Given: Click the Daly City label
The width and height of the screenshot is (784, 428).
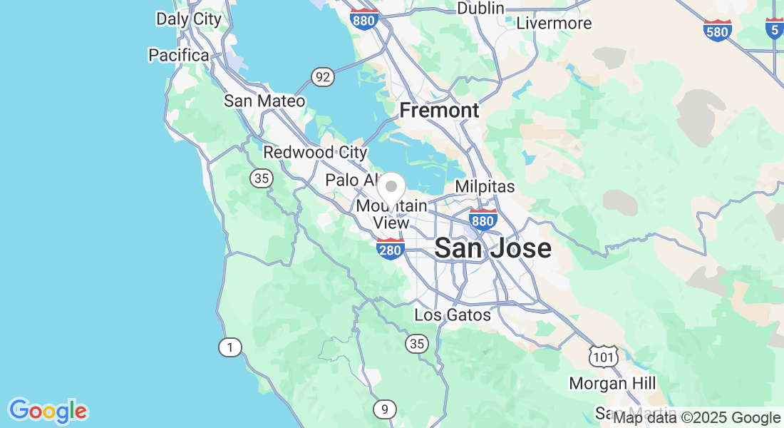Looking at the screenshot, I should tap(189, 19).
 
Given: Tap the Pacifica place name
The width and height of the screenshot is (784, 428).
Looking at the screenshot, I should tap(179, 55).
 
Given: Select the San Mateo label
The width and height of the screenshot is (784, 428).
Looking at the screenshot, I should tap(264, 101).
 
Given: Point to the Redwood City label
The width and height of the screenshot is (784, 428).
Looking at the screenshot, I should tap(315, 152).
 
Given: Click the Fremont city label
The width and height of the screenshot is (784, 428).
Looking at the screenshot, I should tap(439, 111).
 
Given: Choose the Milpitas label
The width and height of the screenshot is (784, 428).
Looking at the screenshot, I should tap(485, 186).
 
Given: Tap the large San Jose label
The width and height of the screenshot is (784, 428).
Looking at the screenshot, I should tap(492, 248).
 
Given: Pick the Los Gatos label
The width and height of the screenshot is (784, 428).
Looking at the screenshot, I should tap(453, 315).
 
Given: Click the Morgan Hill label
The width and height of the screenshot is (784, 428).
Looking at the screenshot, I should tap(612, 384).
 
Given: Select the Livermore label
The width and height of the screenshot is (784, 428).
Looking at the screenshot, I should tap(554, 23).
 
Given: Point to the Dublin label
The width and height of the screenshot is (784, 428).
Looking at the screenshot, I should tap(480, 9).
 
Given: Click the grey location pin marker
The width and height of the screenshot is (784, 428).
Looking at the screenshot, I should tap(391, 188).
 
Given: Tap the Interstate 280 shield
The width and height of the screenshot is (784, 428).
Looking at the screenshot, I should tap(391, 249).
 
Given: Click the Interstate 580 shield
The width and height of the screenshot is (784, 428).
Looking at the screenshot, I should tap(718, 30).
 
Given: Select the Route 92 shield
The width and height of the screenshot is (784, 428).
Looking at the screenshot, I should tap(323, 77).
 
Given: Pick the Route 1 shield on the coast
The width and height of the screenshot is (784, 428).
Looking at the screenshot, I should tap(229, 347).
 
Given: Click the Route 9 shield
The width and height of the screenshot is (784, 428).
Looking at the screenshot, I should tap(384, 409).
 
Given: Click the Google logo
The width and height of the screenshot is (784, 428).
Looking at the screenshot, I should tap(48, 411).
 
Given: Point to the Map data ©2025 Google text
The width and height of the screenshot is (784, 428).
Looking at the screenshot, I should tap(697, 417).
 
